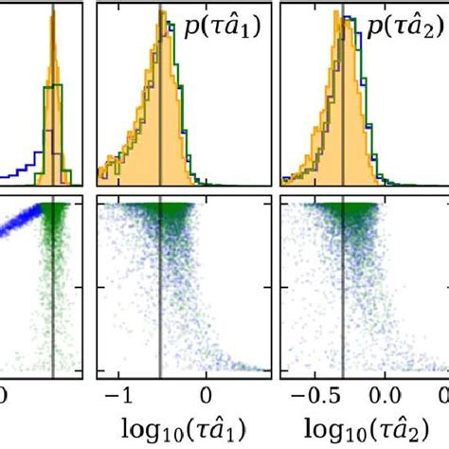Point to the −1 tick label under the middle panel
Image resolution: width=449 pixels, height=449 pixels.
point(116,391)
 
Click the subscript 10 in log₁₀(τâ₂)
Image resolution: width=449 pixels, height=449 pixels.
point(333,428)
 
